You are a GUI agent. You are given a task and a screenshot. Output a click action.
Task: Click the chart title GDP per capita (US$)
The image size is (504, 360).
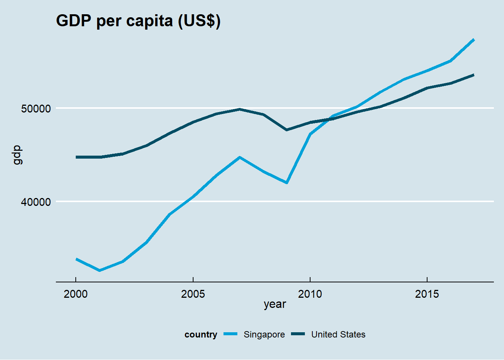(138, 21)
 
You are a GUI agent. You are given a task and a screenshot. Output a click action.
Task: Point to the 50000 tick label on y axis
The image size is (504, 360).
(36, 109)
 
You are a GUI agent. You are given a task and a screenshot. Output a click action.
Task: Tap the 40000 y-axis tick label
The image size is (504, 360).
(36, 202)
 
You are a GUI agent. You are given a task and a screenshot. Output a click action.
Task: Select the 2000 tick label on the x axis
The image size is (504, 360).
(76, 294)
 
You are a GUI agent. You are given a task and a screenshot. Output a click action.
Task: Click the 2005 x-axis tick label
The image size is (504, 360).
(193, 294)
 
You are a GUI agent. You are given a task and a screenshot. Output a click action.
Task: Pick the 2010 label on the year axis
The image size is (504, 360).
(310, 294)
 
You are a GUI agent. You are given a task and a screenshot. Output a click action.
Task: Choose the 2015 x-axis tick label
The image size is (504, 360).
(427, 294)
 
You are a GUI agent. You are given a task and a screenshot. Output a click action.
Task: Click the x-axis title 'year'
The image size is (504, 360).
(274, 304)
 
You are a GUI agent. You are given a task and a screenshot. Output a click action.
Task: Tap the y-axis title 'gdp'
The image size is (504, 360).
(17, 155)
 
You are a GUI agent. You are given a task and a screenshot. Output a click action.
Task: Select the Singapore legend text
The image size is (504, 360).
(264, 334)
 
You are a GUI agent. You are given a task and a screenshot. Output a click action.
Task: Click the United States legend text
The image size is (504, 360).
(338, 334)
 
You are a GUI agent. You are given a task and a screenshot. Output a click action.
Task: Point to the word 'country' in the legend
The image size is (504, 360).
(201, 334)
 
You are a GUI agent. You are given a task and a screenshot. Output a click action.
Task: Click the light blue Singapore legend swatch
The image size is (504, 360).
(231, 334)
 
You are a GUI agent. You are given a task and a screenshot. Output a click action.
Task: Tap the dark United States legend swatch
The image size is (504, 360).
(298, 334)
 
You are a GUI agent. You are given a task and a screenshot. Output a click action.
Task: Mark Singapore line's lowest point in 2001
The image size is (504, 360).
(99, 270)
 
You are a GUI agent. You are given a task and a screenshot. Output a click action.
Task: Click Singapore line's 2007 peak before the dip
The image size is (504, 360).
(240, 157)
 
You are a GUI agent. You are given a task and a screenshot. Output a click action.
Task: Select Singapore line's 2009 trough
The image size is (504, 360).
(286, 183)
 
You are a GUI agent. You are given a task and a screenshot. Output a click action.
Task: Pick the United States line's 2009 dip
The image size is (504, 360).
(286, 130)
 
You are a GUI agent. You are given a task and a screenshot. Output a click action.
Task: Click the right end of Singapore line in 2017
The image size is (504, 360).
(474, 40)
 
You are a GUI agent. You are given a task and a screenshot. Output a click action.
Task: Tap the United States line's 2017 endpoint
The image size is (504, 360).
(474, 75)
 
